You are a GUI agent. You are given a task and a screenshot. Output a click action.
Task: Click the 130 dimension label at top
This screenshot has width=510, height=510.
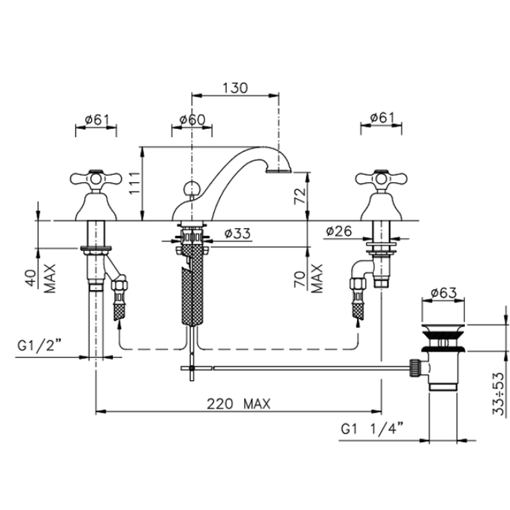(x=235, y=88)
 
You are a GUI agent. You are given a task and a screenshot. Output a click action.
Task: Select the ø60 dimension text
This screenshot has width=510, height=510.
(x=193, y=120)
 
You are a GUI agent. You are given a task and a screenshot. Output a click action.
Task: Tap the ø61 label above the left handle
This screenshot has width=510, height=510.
(x=97, y=120)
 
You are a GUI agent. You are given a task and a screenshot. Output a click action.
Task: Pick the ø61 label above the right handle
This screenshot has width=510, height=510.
(x=382, y=118)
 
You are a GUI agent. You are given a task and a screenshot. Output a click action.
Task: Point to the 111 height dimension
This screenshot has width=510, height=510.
(x=135, y=183)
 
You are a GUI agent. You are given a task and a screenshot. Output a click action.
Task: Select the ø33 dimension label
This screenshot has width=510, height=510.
(x=237, y=233)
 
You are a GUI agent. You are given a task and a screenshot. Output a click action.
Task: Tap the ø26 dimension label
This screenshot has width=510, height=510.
(x=339, y=231)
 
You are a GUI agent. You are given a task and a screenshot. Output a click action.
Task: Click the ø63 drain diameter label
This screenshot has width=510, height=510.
(x=444, y=293)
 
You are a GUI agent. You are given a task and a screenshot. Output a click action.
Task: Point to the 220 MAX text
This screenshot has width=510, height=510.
(x=239, y=404)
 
